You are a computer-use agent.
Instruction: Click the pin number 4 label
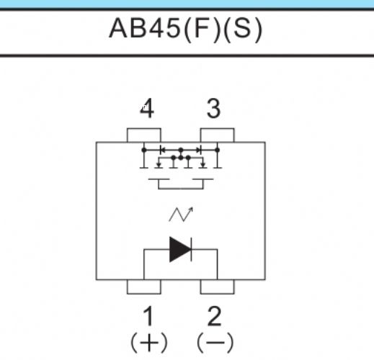click(147, 108)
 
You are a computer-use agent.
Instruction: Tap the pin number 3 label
click(213, 109)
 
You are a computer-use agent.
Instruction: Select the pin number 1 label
click(148, 316)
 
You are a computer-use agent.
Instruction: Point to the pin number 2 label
click(214, 316)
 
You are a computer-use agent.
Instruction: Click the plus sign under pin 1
click(149, 343)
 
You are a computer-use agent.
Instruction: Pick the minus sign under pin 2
click(215, 343)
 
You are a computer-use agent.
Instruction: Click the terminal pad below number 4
click(144, 135)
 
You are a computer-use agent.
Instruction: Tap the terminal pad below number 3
click(217, 135)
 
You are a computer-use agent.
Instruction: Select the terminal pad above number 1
click(144, 287)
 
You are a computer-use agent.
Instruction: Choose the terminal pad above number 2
click(217, 287)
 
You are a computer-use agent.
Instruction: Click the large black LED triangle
click(180, 249)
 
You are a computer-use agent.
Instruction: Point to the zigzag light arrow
click(181, 214)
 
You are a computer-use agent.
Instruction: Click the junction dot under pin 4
click(144, 150)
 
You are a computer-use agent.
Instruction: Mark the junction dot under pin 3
click(218, 150)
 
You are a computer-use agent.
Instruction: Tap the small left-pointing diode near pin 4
click(162, 150)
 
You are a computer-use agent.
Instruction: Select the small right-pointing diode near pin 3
click(199, 150)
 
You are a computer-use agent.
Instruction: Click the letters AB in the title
click(128, 28)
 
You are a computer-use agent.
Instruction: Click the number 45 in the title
click(164, 28)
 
